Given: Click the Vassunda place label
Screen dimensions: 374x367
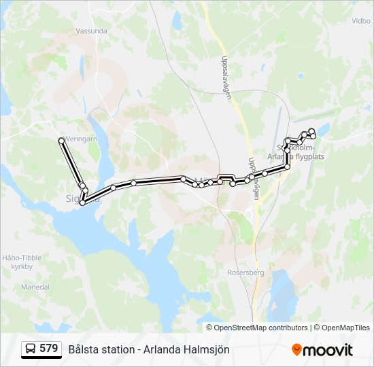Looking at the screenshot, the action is point(92,31).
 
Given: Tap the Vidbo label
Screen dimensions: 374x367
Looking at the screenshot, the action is point(360,21).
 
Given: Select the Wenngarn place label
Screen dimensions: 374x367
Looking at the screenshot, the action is point(81,137).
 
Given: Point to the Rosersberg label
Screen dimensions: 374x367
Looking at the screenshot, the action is point(246,271).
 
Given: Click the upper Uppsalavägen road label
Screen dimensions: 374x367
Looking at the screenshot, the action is point(226,77).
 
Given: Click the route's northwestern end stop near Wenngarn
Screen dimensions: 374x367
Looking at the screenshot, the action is point(62,141).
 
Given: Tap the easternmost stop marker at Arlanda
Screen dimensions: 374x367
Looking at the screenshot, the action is point(313,137).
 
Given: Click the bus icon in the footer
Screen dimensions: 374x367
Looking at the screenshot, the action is point(31,349).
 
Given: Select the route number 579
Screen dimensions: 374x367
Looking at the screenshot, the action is point(48,349).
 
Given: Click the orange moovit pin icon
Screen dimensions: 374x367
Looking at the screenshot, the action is point(296,349).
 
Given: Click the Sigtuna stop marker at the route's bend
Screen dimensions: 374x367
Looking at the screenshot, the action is point(83,202).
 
